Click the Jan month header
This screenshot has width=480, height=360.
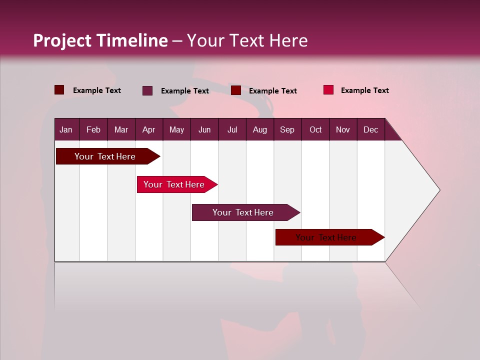(x=66, y=129)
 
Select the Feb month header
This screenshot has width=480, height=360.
(x=93, y=129)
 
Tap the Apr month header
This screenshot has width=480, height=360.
(x=148, y=129)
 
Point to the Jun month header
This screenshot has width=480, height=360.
(x=204, y=129)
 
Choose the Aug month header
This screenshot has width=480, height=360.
(x=259, y=129)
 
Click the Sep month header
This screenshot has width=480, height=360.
(x=287, y=129)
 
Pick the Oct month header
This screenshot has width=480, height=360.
(x=315, y=129)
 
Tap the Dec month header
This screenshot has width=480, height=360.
(x=370, y=129)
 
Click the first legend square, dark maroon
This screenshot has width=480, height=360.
(x=59, y=90)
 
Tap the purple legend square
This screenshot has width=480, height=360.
(x=147, y=90)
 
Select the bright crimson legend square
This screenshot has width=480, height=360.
(x=328, y=90)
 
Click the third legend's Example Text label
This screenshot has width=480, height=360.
(x=272, y=90)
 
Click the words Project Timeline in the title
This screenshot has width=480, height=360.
(x=100, y=40)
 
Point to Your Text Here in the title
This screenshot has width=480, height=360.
(x=247, y=40)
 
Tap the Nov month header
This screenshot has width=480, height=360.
(x=342, y=129)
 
